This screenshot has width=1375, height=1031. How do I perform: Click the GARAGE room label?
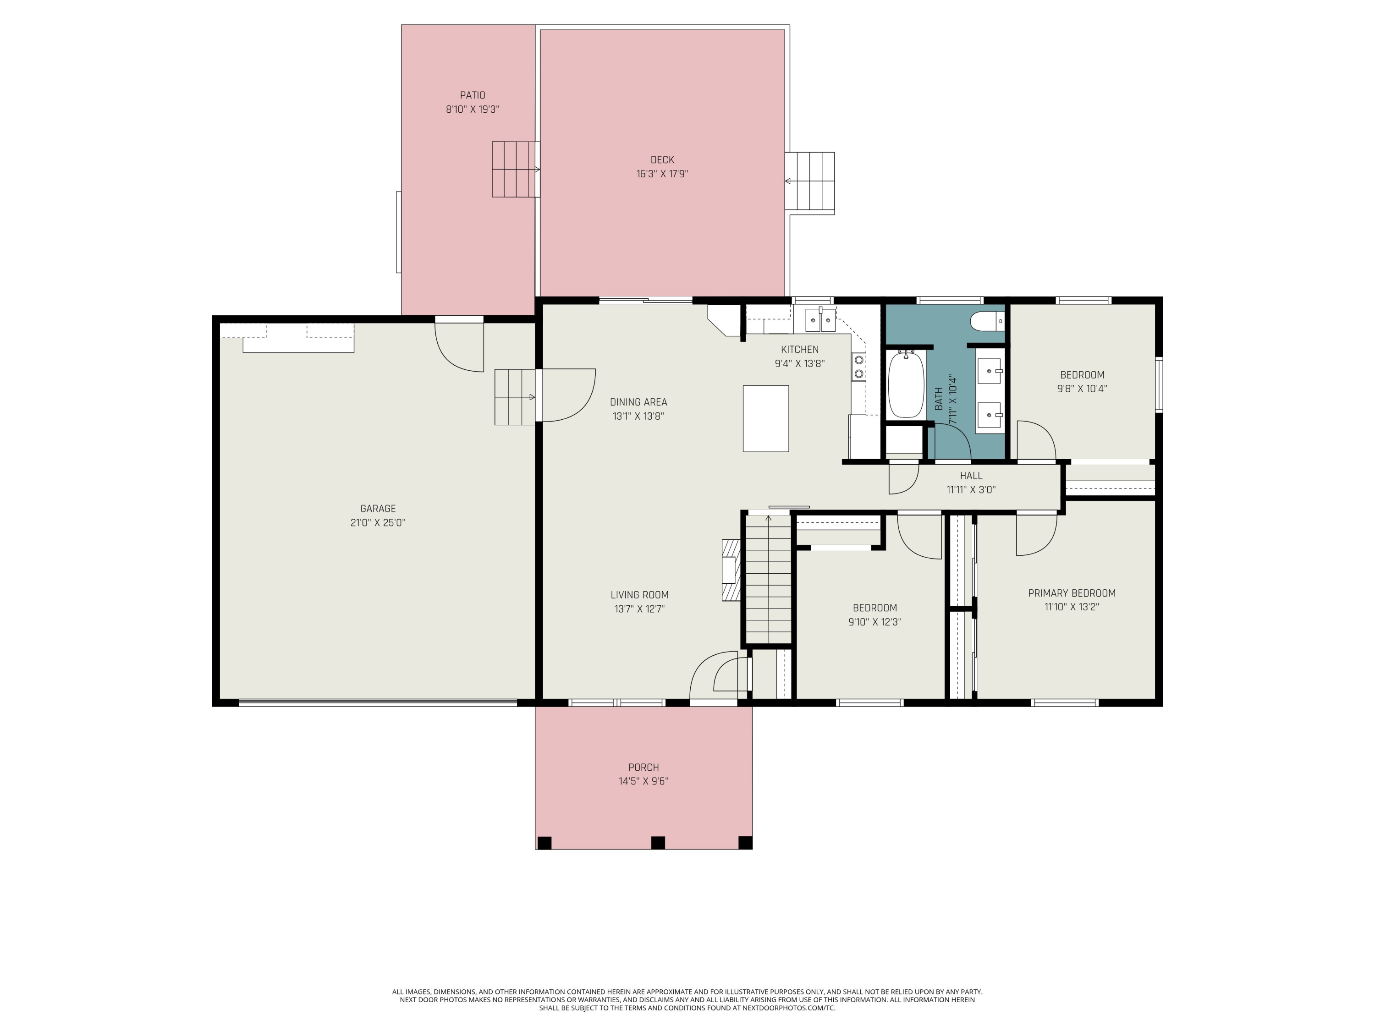pyautogui.click(x=378, y=508)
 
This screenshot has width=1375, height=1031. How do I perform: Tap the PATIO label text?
pyautogui.click(x=473, y=95)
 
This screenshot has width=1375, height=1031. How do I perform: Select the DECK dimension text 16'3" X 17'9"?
pyautogui.click(x=662, y=174)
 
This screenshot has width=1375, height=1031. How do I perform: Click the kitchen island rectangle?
pyautogui.click(x=766, y=418)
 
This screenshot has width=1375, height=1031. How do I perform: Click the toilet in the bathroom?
pyautogui.click(x=987, y=321)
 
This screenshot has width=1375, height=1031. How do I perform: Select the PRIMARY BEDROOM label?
pyautogui.click(x=1072, y=593)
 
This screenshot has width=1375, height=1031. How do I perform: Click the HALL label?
pyautogui.click(x=971, y=476)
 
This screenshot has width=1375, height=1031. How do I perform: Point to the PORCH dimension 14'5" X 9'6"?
pyautogui.click(x=643, y=781)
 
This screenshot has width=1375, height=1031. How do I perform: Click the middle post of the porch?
pyautogui.click(x=658, y=843)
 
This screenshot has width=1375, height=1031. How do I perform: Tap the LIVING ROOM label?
pyautogui.click(x=640, y=595)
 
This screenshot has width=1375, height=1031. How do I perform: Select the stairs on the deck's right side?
pyautogui.click(x=809, y=183)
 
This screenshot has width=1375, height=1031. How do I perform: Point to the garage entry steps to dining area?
pyautogui.click(x=515, y=397)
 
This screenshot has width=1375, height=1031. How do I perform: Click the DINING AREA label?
pyautogui.click(x=638, y=402)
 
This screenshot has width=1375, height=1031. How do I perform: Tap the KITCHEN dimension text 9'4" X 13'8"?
pyautogui.click(x=799, y=363)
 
